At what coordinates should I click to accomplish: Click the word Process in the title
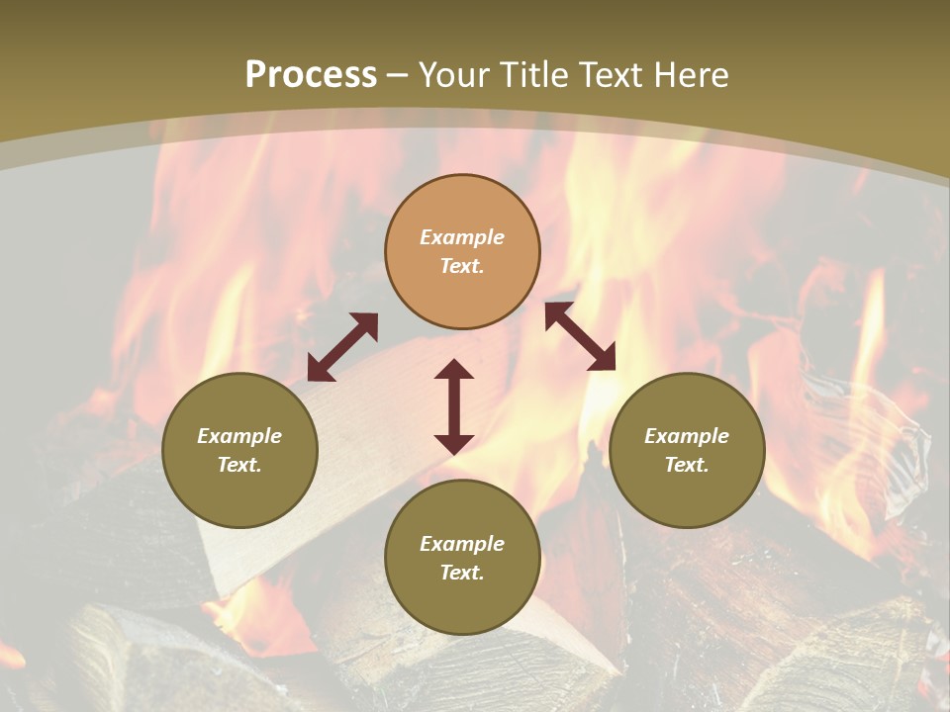311,75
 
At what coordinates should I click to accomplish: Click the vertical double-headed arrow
454,406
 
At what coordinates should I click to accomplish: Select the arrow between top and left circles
342,346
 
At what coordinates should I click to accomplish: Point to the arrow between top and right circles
580,336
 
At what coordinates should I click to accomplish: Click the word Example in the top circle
462,237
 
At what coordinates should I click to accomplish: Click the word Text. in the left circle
239,465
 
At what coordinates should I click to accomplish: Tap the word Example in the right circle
687,436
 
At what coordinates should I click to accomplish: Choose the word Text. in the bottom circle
462,573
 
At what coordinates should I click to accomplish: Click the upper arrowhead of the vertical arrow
454,370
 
